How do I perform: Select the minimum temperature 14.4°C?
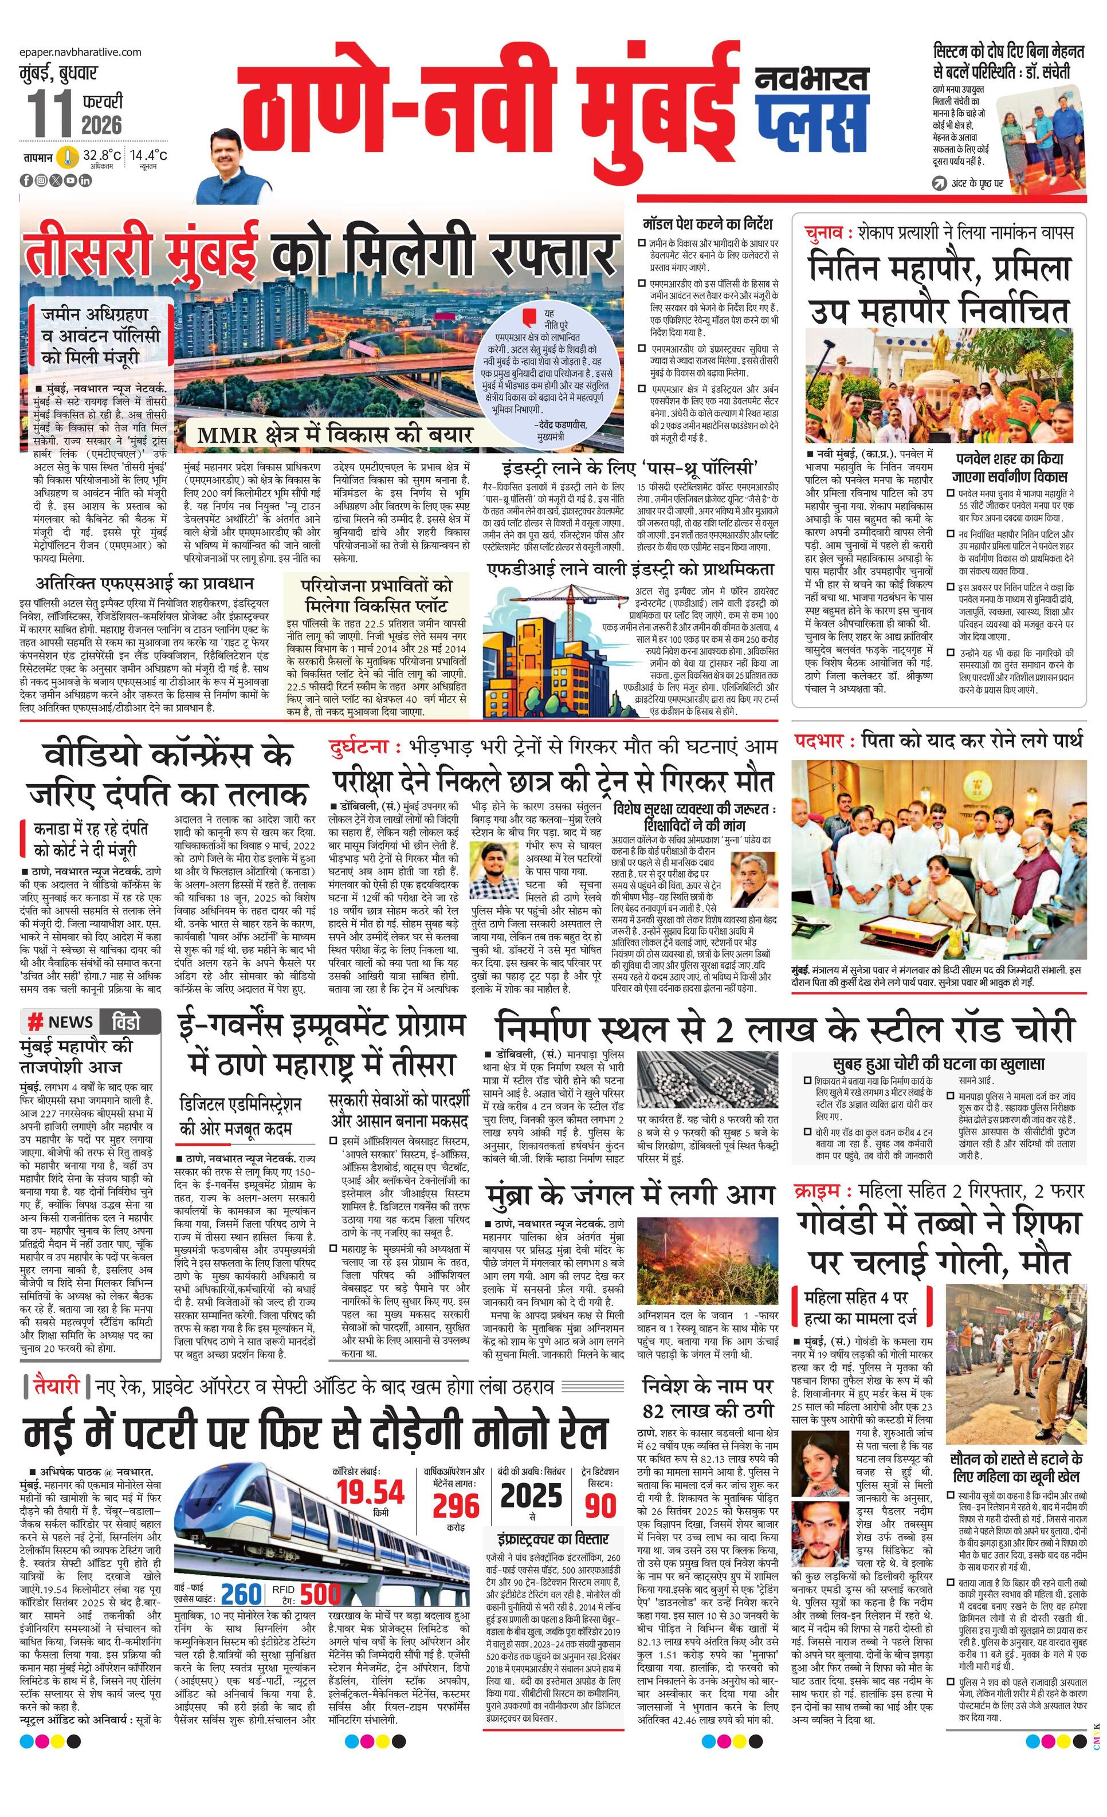coord(148,156)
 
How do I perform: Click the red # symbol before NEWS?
coord(34,1021)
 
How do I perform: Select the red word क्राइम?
coord(819,1191)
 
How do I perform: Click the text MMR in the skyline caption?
coord(222,434)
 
